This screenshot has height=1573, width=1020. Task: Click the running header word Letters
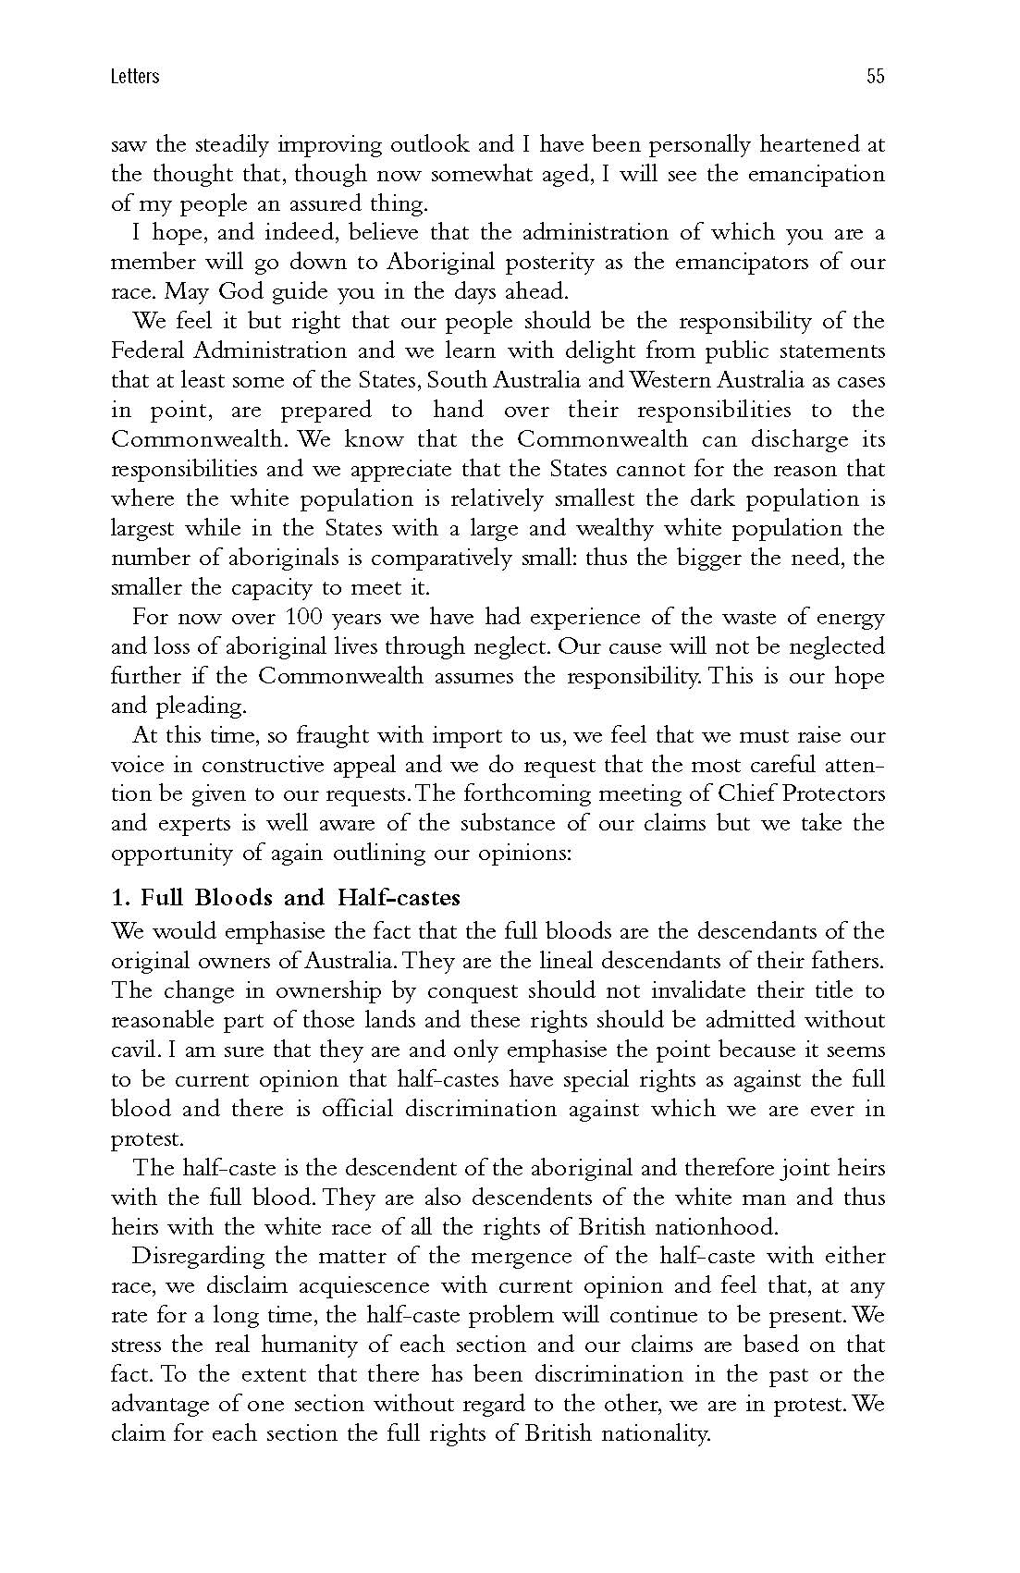point(134,77)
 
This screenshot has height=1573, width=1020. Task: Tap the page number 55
point(875,77)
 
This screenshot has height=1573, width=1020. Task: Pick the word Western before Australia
point(654,381)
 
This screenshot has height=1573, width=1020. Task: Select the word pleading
point(195,707)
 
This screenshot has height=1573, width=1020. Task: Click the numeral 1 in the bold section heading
point(117,898)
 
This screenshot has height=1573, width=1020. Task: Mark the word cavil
point(135,1051)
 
